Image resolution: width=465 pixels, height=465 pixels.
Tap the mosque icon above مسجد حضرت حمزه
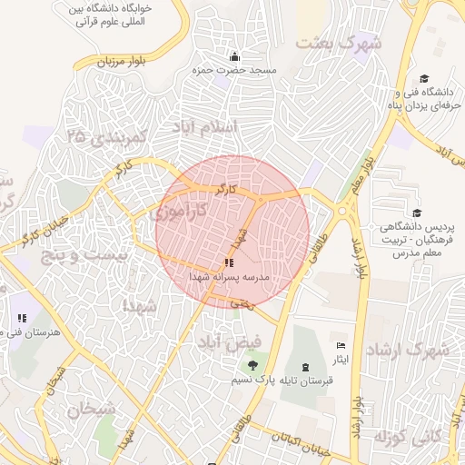[234, 56]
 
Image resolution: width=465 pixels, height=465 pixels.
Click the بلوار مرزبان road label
[124, 62]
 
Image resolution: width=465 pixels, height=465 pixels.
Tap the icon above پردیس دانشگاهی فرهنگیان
[417, 212]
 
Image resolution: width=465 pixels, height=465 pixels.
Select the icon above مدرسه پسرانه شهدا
[227, 263]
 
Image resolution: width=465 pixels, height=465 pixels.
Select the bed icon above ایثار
[341, 346]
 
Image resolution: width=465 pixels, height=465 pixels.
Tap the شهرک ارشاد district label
[407, 349]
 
